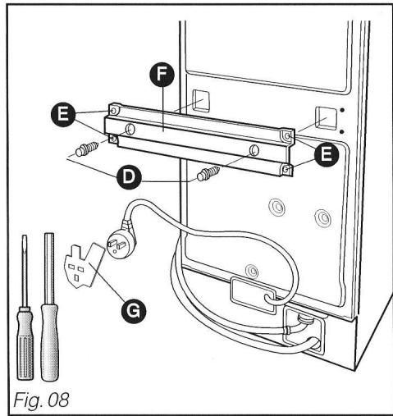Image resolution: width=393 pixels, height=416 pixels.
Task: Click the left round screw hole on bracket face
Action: coord(130,128)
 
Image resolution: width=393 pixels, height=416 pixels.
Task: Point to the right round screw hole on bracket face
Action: coord(254,150)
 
